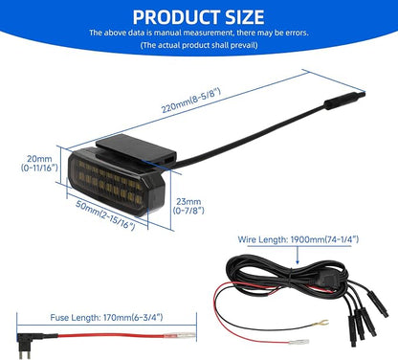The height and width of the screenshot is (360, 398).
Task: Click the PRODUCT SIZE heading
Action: [x=198, y=17]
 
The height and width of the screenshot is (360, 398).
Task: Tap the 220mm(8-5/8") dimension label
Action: [x=191, y=101]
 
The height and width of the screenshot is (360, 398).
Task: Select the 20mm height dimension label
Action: [x=39, y=163]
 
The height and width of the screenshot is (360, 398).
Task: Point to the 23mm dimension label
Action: [x=188, y=206]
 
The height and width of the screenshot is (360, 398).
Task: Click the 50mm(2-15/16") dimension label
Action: [x=105, y=214]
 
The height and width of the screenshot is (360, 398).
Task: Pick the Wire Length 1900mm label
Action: [x=298, y=239]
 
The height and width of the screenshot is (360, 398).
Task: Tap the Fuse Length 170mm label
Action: [x=106, y=318]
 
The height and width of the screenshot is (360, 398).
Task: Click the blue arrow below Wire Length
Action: [x=298, y=255]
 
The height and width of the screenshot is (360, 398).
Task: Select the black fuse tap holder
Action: [x=30, y=342]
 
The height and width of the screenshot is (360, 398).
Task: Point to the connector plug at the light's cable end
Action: [x=345, y=101]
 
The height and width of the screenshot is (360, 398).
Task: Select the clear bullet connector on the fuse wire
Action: [x=180, y=336]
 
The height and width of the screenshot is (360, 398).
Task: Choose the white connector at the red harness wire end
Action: [x=298, y=342]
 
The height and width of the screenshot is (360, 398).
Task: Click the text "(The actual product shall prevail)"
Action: [x=199, y=45]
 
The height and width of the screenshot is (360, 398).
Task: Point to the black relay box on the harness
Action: [x=325, y=281]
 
